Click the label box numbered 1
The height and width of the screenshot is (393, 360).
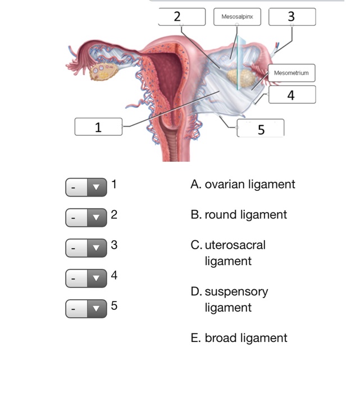98,127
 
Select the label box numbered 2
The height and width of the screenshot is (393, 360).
181,17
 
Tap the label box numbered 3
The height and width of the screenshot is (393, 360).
291,17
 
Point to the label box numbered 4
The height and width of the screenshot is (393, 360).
291,95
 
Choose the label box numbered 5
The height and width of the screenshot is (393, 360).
261,129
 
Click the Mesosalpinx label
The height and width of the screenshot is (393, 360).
237,17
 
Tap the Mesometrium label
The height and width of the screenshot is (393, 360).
291,73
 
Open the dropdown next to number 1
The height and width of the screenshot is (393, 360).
86,187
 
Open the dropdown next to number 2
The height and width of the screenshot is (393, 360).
86,217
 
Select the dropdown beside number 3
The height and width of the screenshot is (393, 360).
86,248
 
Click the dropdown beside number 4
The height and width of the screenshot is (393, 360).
86,278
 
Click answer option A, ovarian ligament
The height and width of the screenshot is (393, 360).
243,184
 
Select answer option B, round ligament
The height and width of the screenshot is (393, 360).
239,214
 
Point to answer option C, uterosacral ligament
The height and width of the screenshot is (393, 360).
229,253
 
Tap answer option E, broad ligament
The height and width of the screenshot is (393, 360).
239,337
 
